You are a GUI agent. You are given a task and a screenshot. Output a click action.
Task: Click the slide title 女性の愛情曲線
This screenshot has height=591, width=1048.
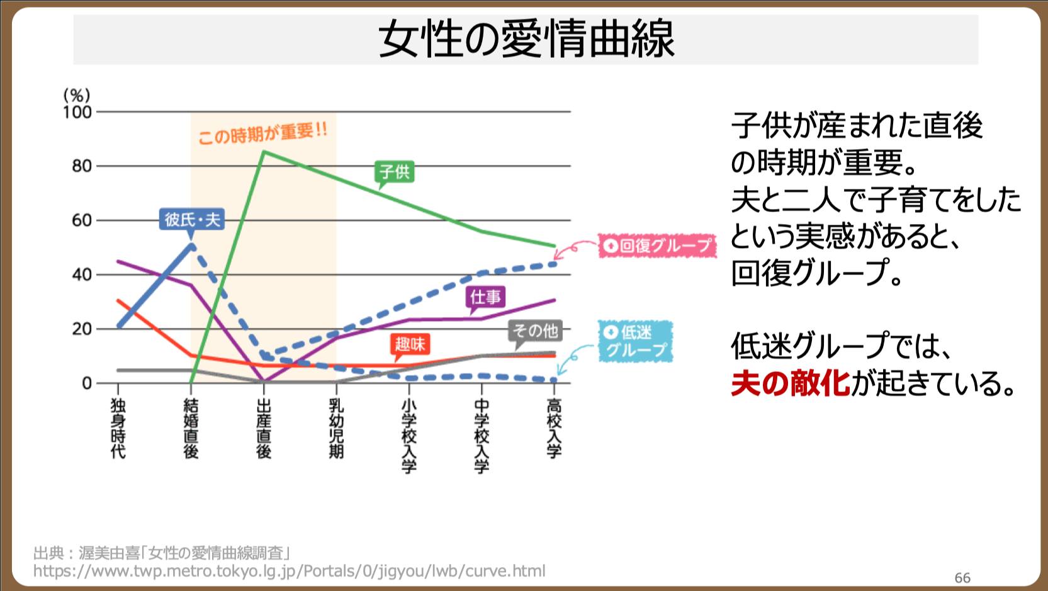pyautogui.click(x=526, y=39)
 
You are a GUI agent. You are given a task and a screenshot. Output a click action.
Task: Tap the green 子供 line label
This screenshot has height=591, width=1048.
pyautogui.click(x=395, y=172)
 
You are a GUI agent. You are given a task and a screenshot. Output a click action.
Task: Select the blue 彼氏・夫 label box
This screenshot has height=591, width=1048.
pyautogui.click(x=192, y=219)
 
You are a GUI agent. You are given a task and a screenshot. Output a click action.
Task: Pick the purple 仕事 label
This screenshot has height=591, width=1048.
pyautogui.click(x=486, y=297)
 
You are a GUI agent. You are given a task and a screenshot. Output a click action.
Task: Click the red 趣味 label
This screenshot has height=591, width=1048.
pyautogui.click(x=410, y=344)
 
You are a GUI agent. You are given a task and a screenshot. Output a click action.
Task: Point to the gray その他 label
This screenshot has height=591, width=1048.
pyautogui.click(x=535, y=331)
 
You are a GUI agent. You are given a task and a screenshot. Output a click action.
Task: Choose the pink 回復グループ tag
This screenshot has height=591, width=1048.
pyautogui.click(x=657, y=245)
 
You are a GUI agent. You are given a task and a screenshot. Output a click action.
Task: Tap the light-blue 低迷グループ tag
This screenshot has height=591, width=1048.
pyautogui.click(x=636, y=341)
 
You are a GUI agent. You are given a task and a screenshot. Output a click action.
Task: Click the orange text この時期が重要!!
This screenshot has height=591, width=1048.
pyautogui.click(x=262, y=133)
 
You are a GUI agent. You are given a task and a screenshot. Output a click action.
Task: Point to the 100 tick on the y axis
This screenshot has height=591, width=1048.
pyautogui.click(x=77, y=112)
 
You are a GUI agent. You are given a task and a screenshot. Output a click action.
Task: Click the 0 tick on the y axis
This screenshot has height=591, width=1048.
pyautogui.click(x=87, y=383)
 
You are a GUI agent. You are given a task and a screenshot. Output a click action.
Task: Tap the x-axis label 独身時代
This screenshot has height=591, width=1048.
pyautogui.click(x=118, y=429)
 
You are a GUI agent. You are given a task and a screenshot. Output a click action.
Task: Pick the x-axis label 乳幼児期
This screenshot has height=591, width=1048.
pyautogui.click(x=336, y=429)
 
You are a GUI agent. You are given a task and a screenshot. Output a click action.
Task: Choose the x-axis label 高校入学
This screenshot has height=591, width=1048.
pyautogui.click(x=554, y=429)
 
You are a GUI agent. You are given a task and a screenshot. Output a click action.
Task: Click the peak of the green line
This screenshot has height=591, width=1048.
pyautogui.click(x=264, y=152)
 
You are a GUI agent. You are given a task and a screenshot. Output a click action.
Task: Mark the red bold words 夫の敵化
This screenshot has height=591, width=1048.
pyautogui.click(x=790, y=384)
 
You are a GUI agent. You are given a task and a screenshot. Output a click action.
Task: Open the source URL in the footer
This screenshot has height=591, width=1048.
pyautogui.click(x=289, y=571)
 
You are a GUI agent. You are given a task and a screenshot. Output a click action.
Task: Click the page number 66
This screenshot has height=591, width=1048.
pyautogui.click(x=962, y=578)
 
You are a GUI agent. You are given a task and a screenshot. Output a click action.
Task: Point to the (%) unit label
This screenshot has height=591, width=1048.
pyautogui.click(x=77, y=96)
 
